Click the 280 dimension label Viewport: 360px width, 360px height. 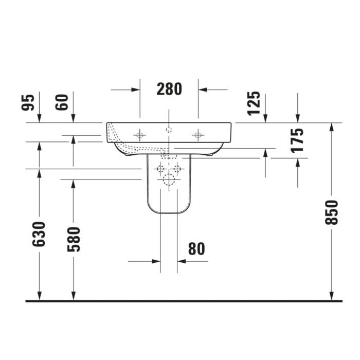pos(169,89)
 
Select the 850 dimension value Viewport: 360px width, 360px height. pos(332,212)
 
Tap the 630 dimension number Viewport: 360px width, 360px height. pos(39,234)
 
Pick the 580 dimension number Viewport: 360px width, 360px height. pos(74,239)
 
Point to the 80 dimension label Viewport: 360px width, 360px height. pos(196,249)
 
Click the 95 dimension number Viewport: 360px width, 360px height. pos(28,102)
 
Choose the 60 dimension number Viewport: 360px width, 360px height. pos(62,102)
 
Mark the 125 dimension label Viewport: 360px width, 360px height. pos(254,103)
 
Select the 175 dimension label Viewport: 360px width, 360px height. pos(297,140)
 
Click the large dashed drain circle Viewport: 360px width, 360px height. pos(169,179)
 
